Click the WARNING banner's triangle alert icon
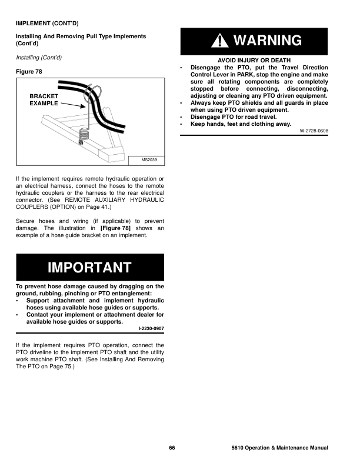pos(219,41)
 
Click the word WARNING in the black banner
pos(267,41)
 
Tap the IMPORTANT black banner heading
pos(89,267)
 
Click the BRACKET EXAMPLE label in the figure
pos(44,99)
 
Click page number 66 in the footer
pos(172,448)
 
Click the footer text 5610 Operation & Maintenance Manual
pos(280,448)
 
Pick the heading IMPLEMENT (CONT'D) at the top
pos(47,24)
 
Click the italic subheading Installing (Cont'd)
pos(39,58)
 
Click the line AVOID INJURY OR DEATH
pos(254,61)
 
